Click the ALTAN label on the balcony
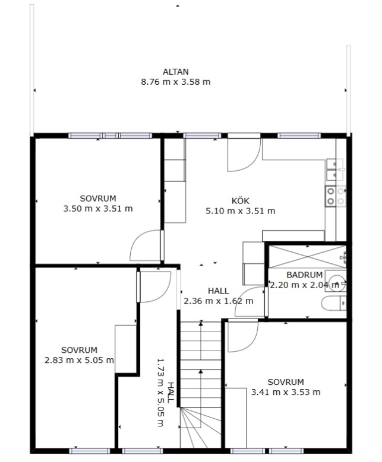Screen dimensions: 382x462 coord(176,72)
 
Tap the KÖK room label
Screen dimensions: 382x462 coord(240,201)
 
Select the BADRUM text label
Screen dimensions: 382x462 coord(304,275)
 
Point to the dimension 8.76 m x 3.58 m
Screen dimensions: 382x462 coord(176,82)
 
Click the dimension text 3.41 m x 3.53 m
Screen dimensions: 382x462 coord(286,392)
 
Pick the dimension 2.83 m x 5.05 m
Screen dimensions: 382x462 coord(79,360)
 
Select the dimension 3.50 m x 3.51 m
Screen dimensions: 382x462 coord(98,209)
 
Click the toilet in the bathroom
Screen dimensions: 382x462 coord(334,303)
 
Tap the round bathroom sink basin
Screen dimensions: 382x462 coord(337,283)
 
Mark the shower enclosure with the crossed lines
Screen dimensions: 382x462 coord(307,257)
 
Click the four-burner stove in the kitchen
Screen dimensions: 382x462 coord(336,196)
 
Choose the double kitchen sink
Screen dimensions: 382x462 coord(335,170)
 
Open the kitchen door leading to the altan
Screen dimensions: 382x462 coord(244,152)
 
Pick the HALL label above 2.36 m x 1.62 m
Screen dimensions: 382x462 coord(219,291)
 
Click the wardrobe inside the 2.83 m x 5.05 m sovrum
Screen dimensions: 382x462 coord(125,349)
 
